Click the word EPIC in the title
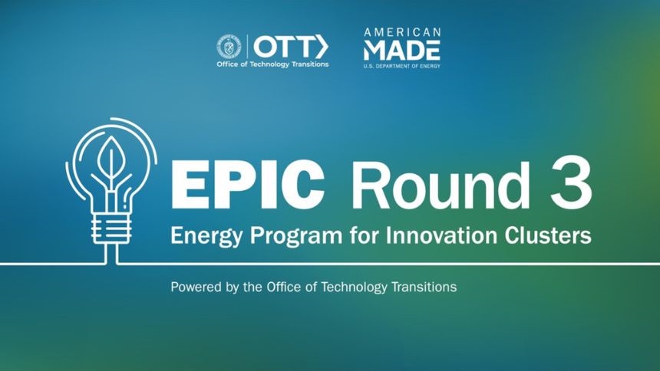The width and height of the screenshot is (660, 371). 247,185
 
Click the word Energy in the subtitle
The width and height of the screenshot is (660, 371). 206,236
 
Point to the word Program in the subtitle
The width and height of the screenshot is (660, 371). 296,236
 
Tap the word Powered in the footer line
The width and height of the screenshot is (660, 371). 194,287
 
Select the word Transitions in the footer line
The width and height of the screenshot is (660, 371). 424,287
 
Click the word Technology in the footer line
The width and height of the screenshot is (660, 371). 355,287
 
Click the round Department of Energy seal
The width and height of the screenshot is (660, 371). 229,47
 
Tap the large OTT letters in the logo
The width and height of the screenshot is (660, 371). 283,47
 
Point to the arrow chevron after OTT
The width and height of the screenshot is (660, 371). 322,47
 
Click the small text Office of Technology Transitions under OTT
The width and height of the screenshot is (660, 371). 272,64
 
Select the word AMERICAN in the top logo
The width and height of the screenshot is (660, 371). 402,32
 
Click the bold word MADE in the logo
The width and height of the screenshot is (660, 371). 402,51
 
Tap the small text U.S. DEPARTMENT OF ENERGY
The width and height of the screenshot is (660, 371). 402,66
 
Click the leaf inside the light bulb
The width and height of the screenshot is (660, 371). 111,158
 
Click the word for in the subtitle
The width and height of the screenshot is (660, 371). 364,235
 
